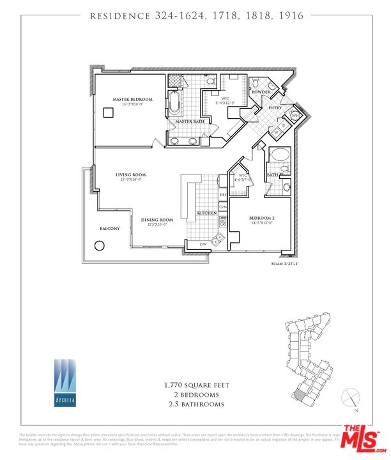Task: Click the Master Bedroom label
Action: (132, 99)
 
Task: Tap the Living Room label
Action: (130, 174)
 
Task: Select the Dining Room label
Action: (157, 220)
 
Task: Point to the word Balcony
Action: (109, 228)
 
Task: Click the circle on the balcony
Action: (100, 245)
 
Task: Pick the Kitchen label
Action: (206, 212)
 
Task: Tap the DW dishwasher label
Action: (202, 244)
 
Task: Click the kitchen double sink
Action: (218, 240)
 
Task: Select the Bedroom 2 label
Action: (261, 218)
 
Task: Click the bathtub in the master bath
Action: (174, 102)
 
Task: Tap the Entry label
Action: (275, 107)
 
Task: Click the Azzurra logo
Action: (63, 382)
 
